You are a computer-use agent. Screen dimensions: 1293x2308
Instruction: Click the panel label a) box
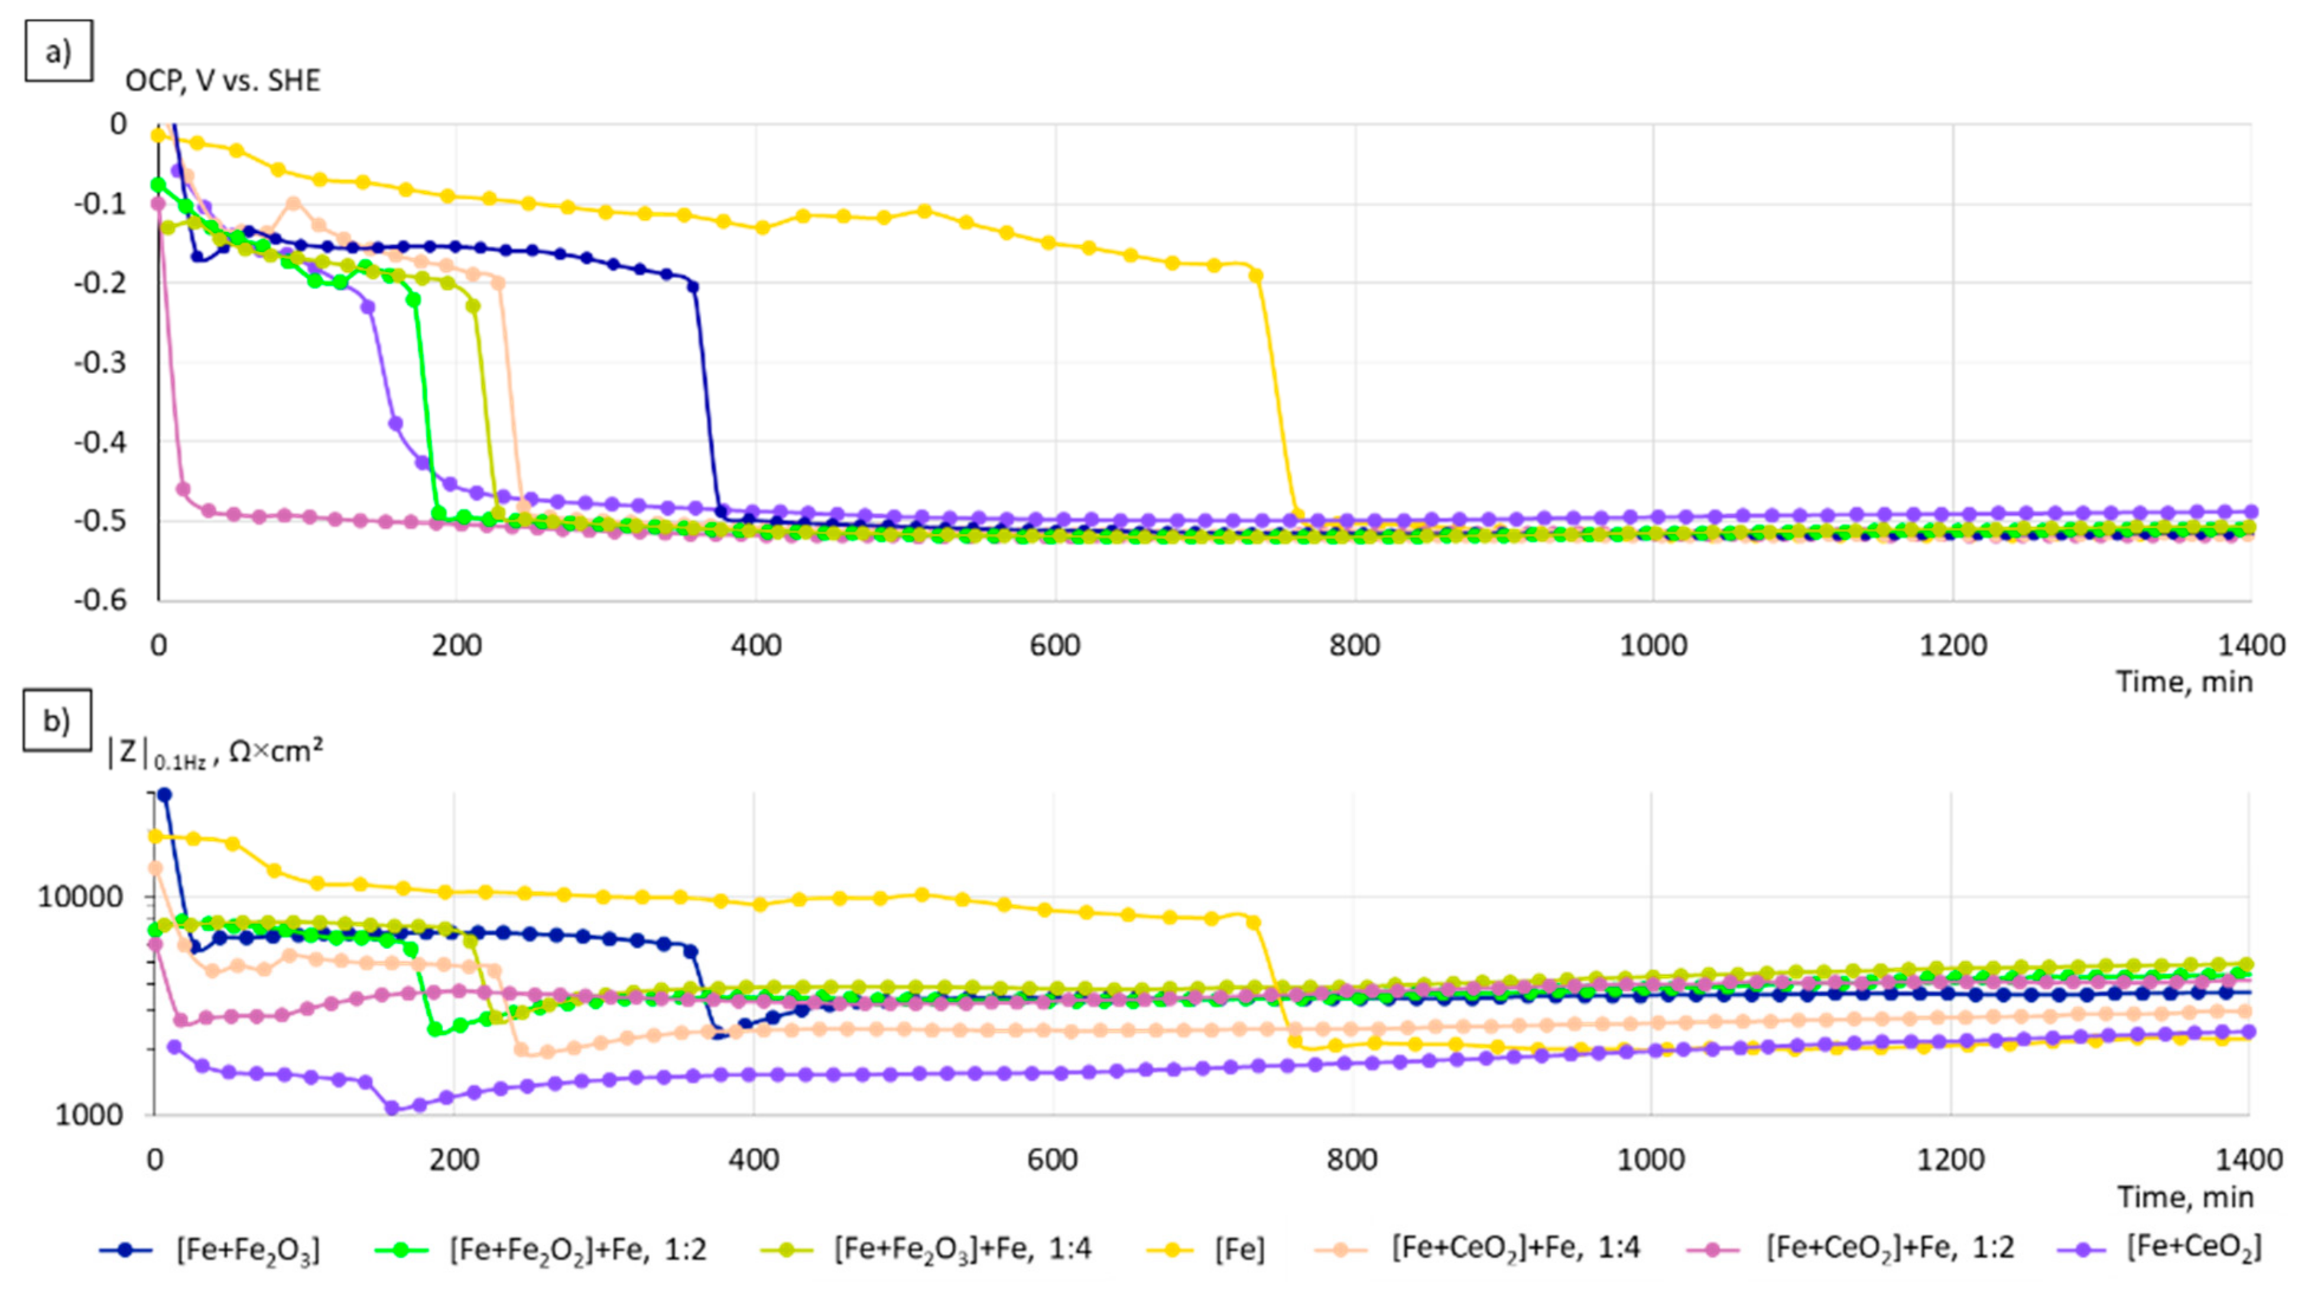(x=59, y=51)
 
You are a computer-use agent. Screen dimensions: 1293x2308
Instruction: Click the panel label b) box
(x=57, y=720)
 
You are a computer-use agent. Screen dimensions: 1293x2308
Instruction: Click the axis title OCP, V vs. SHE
(x=222, y=80)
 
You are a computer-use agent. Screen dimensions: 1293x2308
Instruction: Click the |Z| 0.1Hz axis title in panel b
(x=215, y=753)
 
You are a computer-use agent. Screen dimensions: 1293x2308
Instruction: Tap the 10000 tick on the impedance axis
(x=79, y=897)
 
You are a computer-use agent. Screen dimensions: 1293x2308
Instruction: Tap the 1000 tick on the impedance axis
(x=88, y=1116)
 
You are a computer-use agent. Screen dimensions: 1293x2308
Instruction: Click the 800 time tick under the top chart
(x=1354, y=645)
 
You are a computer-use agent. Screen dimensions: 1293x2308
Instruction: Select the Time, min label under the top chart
(x=2183, y=683)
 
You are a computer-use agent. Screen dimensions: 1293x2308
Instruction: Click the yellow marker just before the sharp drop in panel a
(x=1256, y=275)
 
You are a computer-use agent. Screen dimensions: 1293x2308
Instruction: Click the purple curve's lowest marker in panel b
(x=391, y=1109)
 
